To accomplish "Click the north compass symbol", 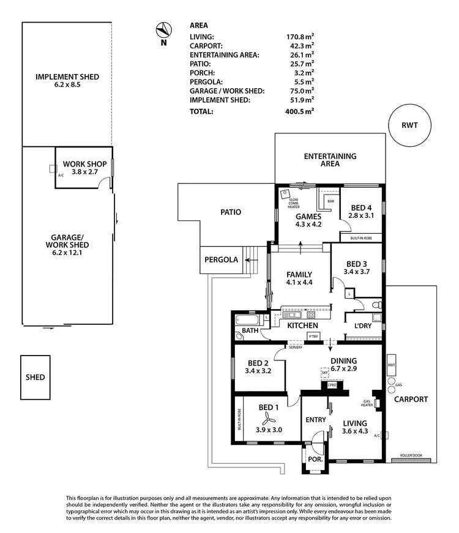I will coord(163,29).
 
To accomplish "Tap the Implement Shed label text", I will coord(67,77).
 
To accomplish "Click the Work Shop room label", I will coord(85,165).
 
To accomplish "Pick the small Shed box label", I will coord(35,377).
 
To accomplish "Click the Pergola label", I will coord(221,259).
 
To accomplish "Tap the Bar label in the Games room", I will coord(330,201).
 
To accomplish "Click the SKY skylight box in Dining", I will coord(325,372).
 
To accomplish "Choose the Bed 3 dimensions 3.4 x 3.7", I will coord(349,272).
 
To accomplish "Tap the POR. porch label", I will coord(314,458).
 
